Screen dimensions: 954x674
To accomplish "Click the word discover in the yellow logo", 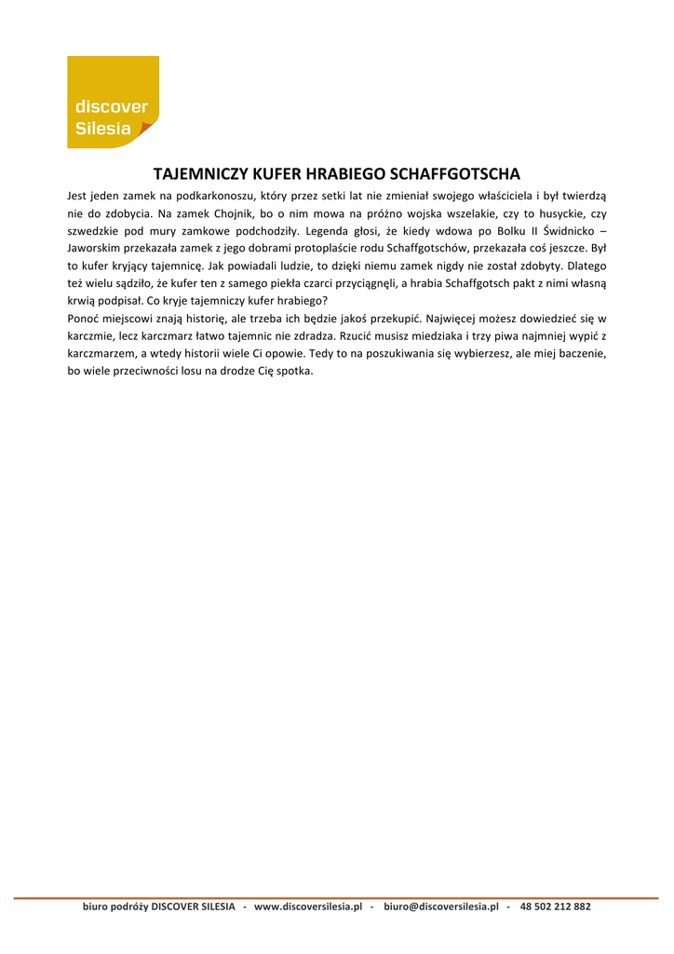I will [112, 107].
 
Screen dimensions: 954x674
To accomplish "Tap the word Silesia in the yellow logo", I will [103, 129].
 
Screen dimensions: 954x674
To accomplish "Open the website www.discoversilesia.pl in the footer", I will [307, 906].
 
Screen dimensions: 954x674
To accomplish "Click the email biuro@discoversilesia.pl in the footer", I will [440, 906].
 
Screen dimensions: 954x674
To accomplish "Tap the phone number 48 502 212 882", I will [555, 906].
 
